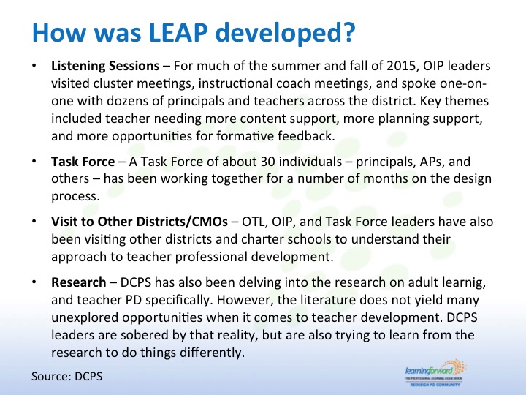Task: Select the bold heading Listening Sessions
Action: [105, 66]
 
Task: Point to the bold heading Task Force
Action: [83, 162]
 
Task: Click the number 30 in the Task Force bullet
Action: [267, 162]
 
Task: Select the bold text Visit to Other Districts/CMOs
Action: [140, 222]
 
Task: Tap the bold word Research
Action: [79, 282]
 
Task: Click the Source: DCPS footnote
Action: [66, 376]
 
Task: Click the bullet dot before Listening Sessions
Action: [34, 65]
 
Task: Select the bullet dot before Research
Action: [34, 282]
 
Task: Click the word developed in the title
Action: [279, 33]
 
